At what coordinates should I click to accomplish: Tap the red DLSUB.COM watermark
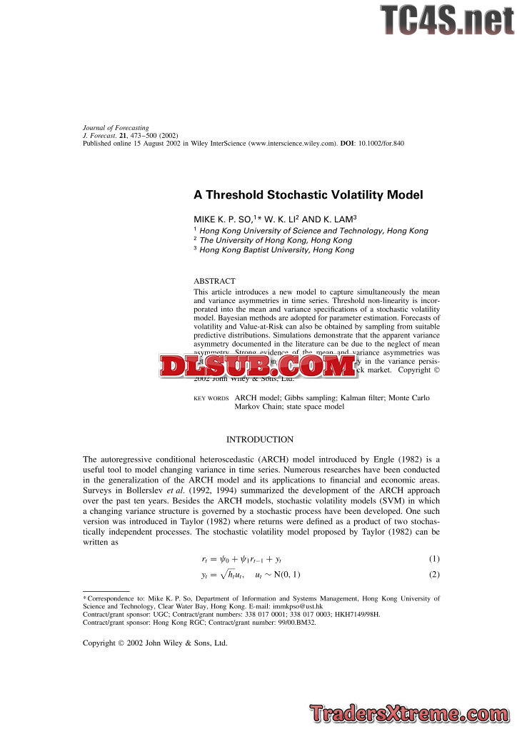pos(258,366)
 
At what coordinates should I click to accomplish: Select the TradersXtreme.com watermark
pos(411,713)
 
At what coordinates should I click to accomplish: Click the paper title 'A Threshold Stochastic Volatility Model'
pos(308,194)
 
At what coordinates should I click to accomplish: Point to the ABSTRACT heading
pos(214,282)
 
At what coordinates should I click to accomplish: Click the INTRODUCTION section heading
pos(259,440)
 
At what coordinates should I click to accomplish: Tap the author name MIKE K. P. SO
pos(220,219)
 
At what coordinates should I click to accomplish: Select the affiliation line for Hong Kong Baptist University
pos(277,250)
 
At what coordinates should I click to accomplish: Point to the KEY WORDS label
pos(211,398)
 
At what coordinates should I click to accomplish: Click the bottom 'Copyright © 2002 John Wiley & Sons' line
pos(155,643)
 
